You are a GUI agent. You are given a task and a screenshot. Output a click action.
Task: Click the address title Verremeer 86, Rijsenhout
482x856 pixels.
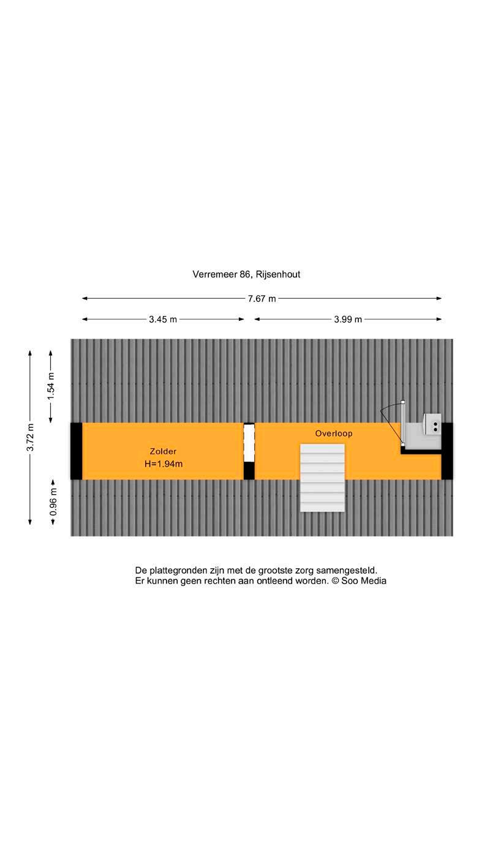pos(246,274)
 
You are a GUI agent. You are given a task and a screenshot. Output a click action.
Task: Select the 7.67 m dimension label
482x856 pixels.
pos(262,299)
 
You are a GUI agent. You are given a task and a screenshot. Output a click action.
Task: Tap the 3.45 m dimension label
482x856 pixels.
pos(163,319)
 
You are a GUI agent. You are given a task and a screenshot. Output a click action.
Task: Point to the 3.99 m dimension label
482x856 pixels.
pos(348,319)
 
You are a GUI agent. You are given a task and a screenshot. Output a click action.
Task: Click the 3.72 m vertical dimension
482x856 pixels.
pos(29,438)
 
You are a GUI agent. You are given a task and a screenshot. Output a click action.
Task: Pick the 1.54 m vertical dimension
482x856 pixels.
pos(51,385)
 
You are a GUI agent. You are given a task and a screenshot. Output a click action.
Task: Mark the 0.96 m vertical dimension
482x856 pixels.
pos(53,499)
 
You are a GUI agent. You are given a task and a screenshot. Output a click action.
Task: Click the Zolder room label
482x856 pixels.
pos(163,451)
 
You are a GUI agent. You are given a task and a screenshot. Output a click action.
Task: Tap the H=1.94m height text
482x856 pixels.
pos(164,464)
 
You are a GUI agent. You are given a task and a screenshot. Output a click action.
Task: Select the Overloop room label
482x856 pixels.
pos(334,434)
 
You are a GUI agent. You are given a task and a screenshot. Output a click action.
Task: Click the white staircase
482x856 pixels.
pos(322,478)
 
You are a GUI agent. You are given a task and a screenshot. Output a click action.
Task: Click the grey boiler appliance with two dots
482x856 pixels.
pos(433,424)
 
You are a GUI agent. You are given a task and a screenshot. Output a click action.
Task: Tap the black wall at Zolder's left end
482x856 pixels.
pos(76,451)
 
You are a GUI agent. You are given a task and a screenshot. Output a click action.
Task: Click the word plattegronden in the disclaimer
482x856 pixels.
pos(177,570)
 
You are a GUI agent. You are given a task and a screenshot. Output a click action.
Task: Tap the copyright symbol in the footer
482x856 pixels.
pos(335,581)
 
